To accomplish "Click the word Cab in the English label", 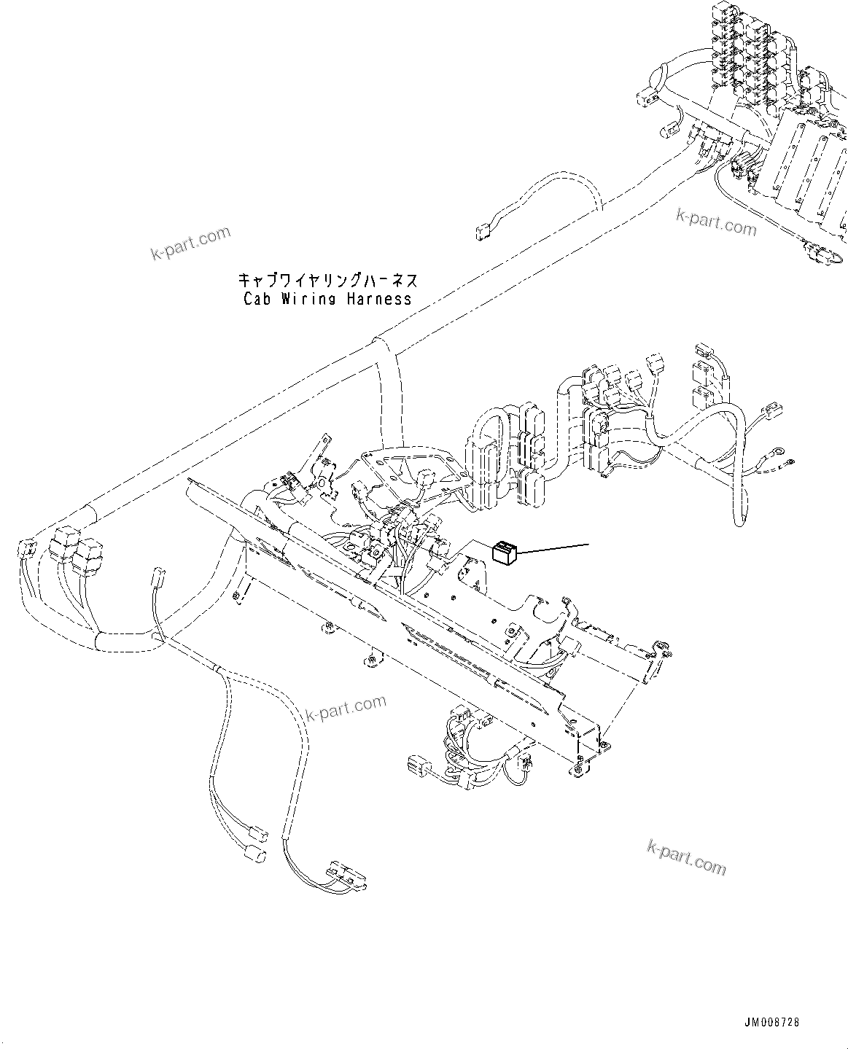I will tap(257, 299).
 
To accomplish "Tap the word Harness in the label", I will tap(378, 299).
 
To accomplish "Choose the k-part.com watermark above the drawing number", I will tap(686, 857).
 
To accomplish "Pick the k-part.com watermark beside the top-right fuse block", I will tap(716, 222).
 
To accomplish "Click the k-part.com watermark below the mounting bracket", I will tap(346, 707).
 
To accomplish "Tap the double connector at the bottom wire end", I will tap(347, 875).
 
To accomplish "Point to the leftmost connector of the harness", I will tap(28, 548).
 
